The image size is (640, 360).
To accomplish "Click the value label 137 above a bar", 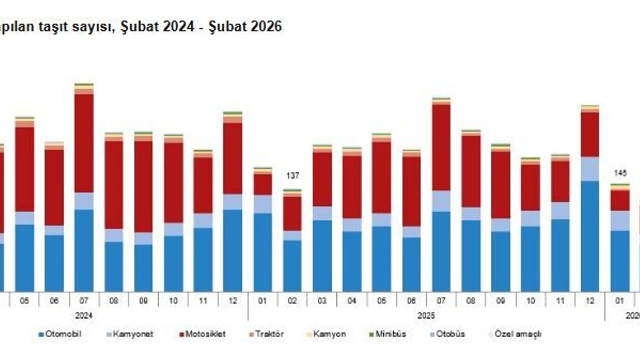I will [x=292, y=175].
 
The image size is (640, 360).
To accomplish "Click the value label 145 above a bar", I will [x=620, y=173].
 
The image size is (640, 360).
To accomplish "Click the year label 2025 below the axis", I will [x=426, y=316].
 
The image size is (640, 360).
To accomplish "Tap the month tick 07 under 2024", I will [x=84, y=301].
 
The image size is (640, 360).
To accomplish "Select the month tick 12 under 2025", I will [x=590, y=301].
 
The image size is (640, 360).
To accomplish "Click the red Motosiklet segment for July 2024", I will [x=84, y=143].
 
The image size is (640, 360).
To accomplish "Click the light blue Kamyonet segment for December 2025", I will [x=590, y=169].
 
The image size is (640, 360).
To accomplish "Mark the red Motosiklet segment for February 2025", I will [x=292, y=213].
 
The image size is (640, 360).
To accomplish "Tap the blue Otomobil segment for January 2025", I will [x=263, y=252].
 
